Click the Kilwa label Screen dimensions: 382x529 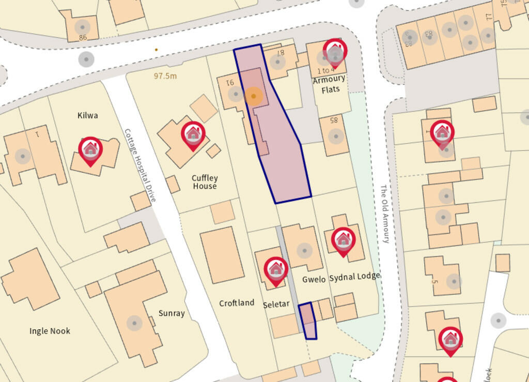[87, 115]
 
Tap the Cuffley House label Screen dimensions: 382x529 [205, 182]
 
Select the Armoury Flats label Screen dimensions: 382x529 [329, 84]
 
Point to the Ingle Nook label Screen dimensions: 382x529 [50, 331]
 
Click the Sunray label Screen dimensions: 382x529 [172, 313]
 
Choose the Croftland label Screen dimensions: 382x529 [237, 303]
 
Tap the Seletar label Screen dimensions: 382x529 [276, 304]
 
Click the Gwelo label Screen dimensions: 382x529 [314, 279]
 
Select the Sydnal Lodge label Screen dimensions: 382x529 [354, 277]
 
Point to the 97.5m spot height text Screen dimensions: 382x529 [165, 76]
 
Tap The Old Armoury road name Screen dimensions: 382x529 [385, 214]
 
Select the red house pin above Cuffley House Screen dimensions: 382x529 [193, 135]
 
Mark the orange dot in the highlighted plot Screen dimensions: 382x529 [253, 96]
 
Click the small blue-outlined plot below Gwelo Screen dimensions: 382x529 [308, 321]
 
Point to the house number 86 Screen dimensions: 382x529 [83, 37]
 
